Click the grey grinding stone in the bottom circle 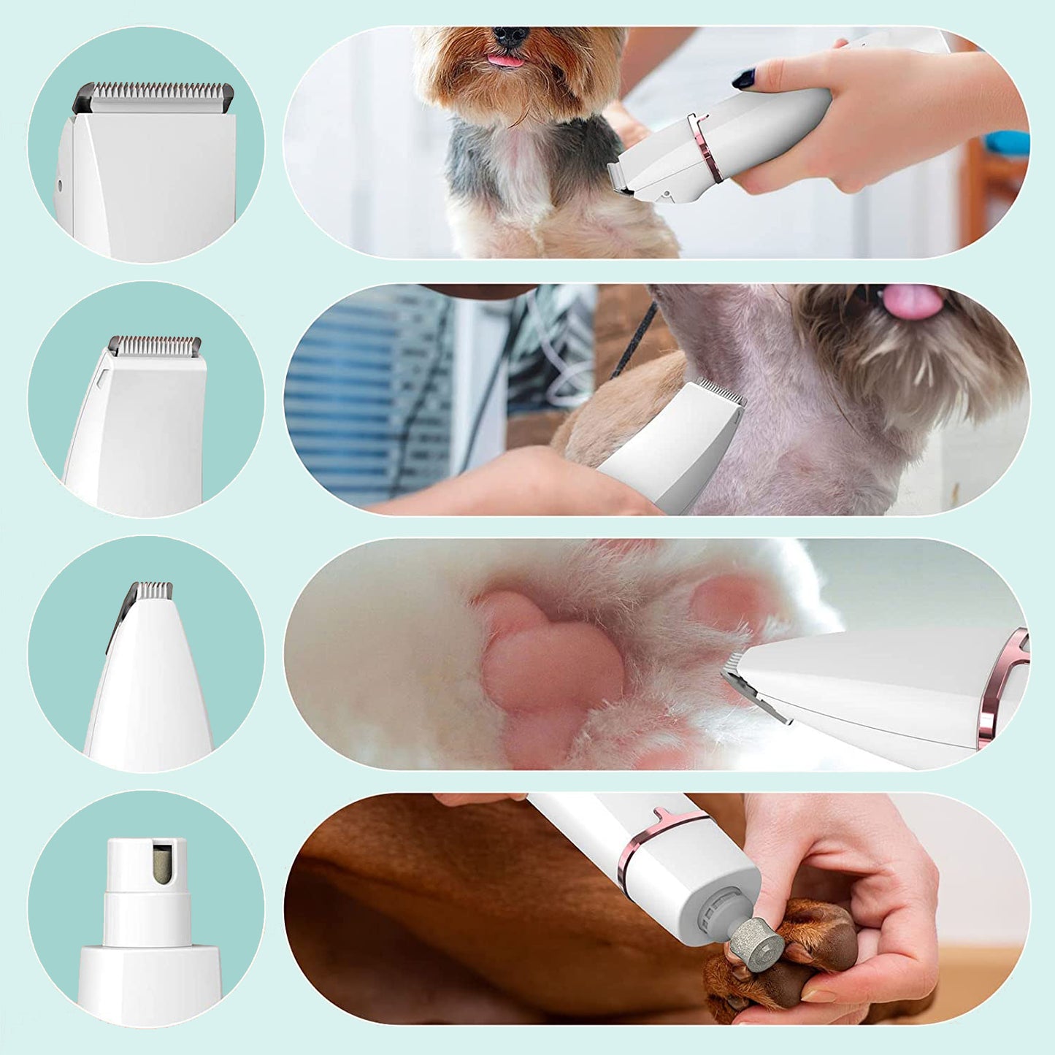162,863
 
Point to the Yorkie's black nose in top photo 510,37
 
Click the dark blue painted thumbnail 744,79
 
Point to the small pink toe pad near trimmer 726,602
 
